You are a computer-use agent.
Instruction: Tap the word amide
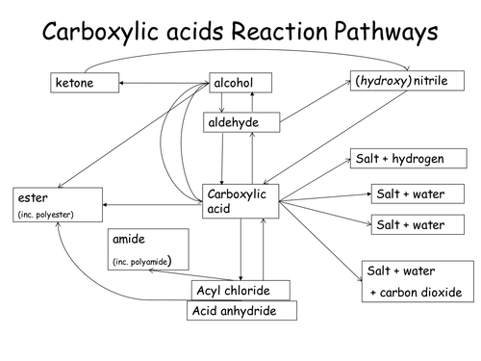(x=130, y=239)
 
